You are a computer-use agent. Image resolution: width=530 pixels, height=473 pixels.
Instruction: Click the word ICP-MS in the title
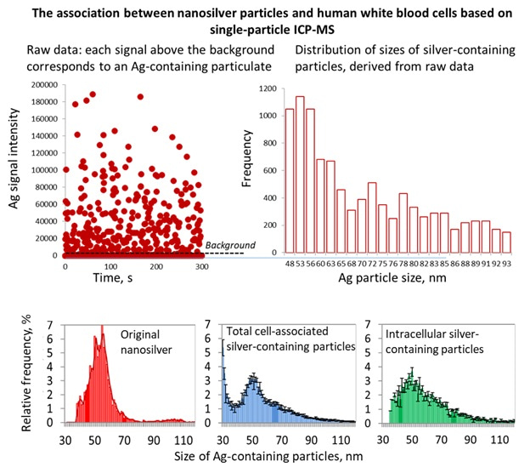click(292, 29)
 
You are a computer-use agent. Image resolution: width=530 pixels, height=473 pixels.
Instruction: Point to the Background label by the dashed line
click(226, 244)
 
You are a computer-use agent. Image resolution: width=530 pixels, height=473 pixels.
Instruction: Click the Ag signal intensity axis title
click(12, 170)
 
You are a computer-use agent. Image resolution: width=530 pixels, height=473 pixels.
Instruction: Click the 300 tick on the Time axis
click(200, 266)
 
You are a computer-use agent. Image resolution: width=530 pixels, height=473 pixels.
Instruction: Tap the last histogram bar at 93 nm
click(506, 242)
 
